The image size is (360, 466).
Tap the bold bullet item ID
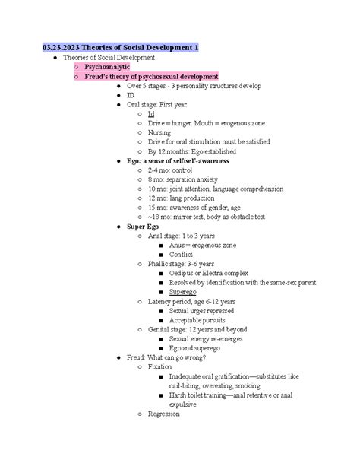click(x=131, y=95)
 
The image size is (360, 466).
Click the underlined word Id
click(x=151, y=113)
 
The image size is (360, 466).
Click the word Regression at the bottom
click(x=164, y=414)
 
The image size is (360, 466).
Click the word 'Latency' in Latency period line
click(x=163, y=301)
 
